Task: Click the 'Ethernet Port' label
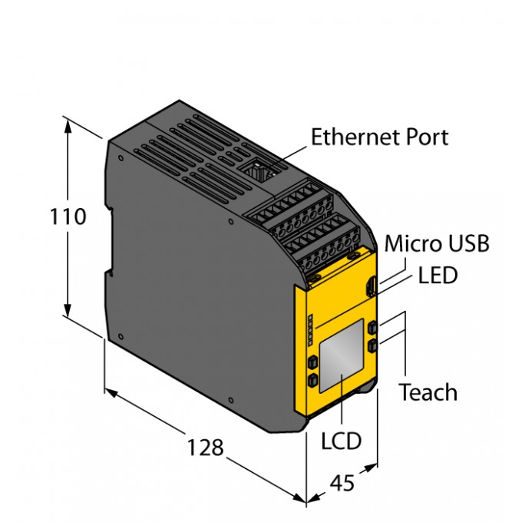[379, 137]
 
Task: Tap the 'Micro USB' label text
[436, 244]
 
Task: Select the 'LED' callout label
[438, 275]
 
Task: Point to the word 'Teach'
[428, 392]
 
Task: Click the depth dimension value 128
[205, 447]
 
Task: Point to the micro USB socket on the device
[372, 290]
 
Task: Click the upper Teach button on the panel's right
[372, 328]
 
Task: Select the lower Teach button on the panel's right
[372, 346]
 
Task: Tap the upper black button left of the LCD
[312, 361]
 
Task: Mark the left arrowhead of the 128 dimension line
[110, 393]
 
